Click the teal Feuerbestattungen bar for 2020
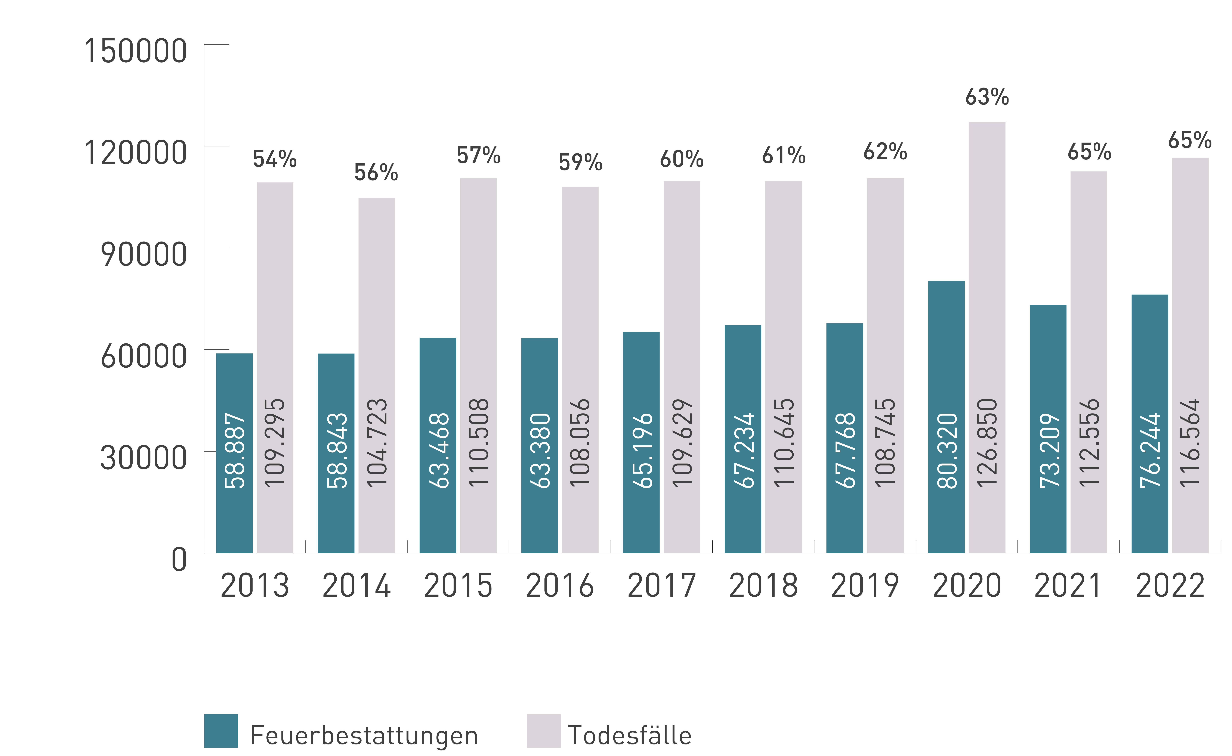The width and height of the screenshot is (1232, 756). (x=946, y=417)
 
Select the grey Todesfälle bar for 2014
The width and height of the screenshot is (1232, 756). (x=377, y=375)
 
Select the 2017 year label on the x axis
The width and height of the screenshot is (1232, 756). (x=661, y=585)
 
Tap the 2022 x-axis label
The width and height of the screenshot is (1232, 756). (x=1170, y=585)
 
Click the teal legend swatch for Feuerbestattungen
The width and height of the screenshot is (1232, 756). (x=221, y=731)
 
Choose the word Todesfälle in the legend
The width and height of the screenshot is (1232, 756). (x=630, y=735)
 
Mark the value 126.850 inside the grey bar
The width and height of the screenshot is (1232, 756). (x=987, y=443)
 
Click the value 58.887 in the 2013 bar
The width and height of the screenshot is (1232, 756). (x=235, y=450)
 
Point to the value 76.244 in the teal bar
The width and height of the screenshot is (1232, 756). (x=1150, y=450)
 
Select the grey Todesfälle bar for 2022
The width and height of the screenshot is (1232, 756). (x=1191, y=355)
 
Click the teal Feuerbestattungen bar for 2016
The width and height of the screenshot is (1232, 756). (x=540, y=445)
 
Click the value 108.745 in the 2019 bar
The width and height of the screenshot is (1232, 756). (x=886, y=443)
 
